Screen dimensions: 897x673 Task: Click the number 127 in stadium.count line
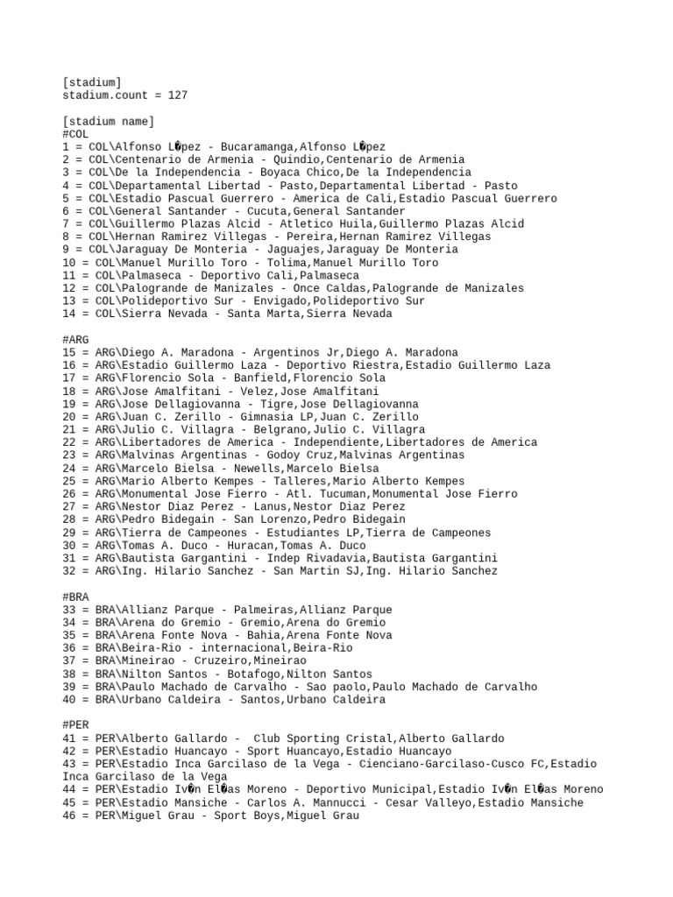pyautogui.click(x=178, y=95)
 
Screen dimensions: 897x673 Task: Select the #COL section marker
pyautogui.click(x=75, y=133)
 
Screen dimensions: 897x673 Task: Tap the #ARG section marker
pyautogui.click(x=75, y=339)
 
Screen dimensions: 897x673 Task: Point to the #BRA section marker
pyautogui.click(x=75, y=597)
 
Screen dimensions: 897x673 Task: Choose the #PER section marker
pyautogui.click(x=75, y=725)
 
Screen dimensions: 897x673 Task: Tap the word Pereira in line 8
pyautogui.click(x=306, y=237)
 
